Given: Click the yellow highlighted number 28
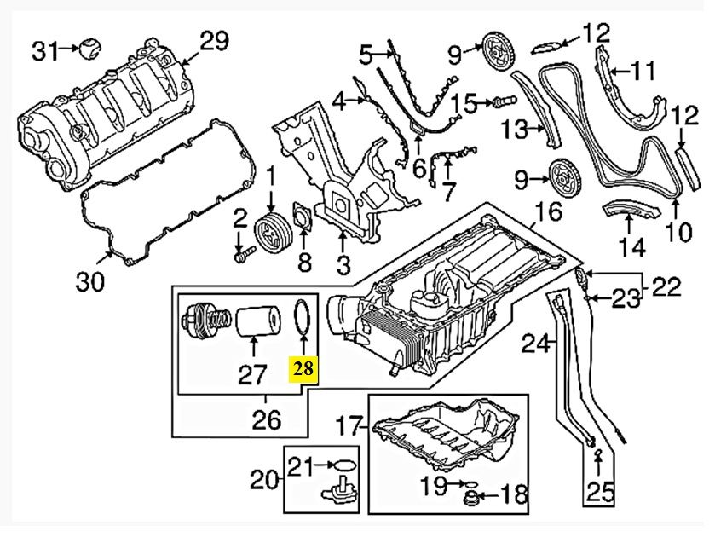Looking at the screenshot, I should pyautogui.click(x=304, y=369).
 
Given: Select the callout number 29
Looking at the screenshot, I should pyautogui.click(x=214, y=39).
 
